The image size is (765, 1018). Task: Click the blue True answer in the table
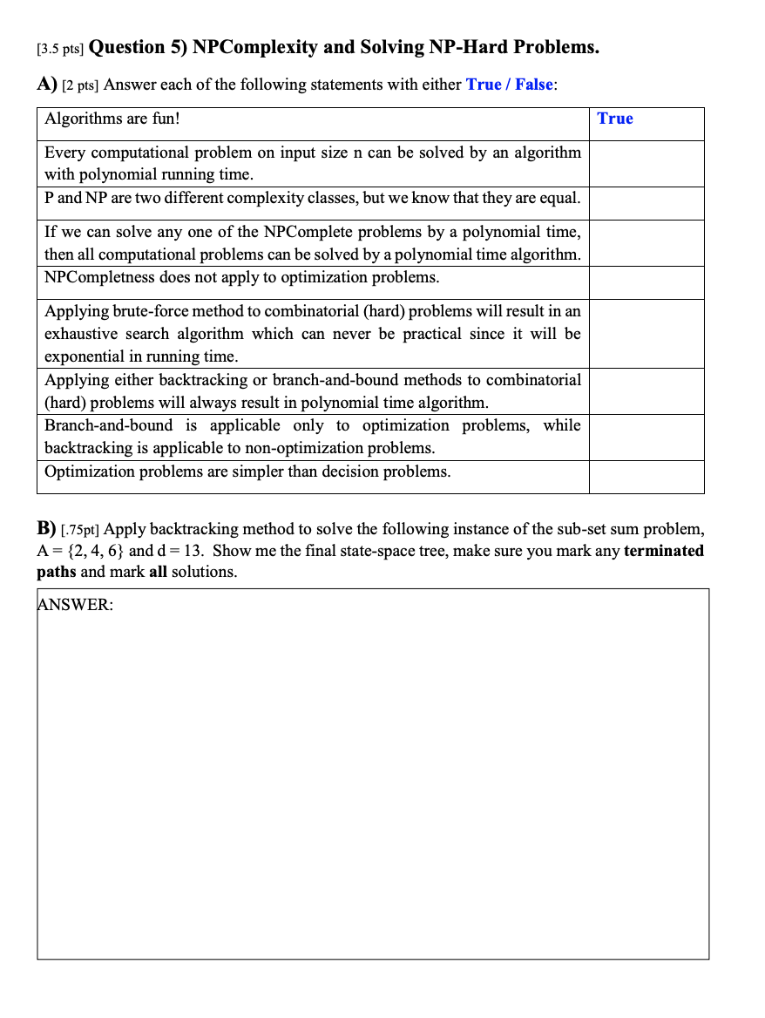tap(615, 119)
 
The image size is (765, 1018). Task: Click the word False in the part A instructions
tap(533, 85)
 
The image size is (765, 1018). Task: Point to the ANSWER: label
tap(76, 605)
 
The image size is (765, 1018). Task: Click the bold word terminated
tap(664, 551)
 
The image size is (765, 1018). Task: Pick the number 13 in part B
tap(193, 551)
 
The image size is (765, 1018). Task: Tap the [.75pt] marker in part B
tap(81, 530)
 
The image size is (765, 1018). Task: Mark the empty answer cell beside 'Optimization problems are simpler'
tap(646, 476)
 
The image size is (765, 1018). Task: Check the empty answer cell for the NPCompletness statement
tap(646, 282)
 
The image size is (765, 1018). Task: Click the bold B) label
tap(47, 528)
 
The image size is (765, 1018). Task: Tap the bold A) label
tap(47, 85)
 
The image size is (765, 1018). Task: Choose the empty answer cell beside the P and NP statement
tap(646, 202)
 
